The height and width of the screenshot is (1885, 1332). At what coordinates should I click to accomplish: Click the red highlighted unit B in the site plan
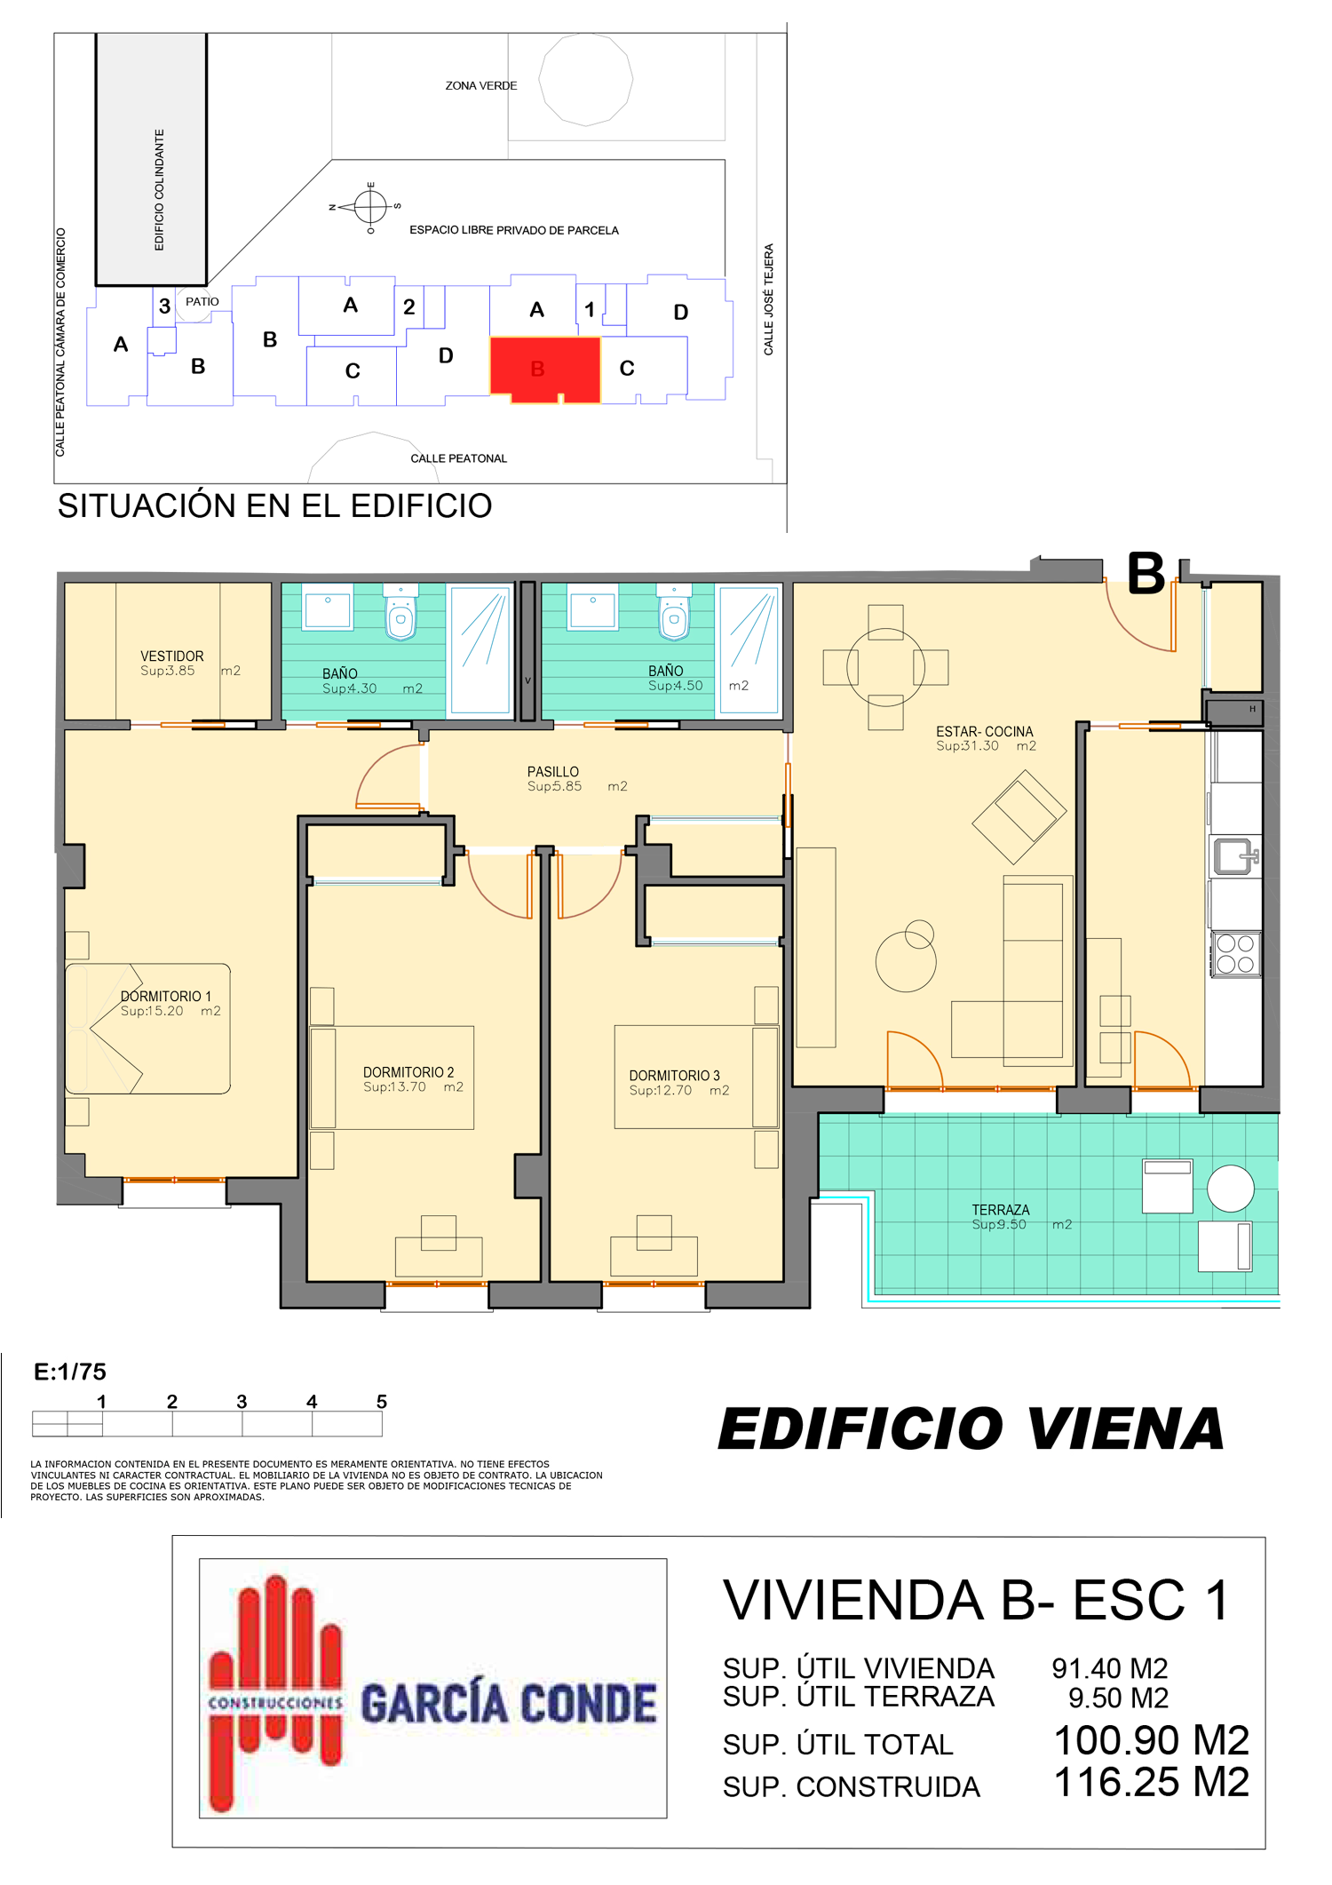[x=545, y=369]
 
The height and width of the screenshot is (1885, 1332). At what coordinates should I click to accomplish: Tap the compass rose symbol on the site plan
[x=370, y=207]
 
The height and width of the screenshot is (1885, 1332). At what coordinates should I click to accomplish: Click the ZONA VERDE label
[x=481, y=86]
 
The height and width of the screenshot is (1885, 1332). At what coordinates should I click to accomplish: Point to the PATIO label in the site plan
[x=202, y=302]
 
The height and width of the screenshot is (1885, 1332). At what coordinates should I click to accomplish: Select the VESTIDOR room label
[x=172, y=656]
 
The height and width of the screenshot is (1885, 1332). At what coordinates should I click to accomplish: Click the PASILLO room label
[x=553, y=772]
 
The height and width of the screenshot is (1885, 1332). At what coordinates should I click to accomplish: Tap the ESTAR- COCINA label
[x=985, y=732]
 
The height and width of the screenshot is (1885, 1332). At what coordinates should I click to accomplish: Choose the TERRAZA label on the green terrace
[x=1001, y=1210]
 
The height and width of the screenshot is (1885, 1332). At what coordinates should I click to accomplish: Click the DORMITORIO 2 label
[x=408, y=1072]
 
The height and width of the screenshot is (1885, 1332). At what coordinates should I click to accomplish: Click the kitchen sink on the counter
[x=1235, y=856]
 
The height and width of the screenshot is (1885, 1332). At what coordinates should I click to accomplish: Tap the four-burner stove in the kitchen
[x=1235, y=954]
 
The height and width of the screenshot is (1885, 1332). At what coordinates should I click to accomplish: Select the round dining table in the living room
[x=885, y=666]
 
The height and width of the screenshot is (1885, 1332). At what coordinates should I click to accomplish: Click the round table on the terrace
[x=1231, y=1188]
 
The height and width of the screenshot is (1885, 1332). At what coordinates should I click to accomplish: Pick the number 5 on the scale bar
[x=382, y=1401]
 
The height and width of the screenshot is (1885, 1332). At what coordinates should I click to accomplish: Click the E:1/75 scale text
[x=70, y=1372]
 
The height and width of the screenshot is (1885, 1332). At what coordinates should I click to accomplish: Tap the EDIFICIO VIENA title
[x=971, y=1429]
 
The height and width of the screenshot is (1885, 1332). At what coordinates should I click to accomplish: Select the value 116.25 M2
[x=1152, y=1782]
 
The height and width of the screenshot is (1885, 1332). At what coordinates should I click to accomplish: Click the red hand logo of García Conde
[x=274, y=1693]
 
